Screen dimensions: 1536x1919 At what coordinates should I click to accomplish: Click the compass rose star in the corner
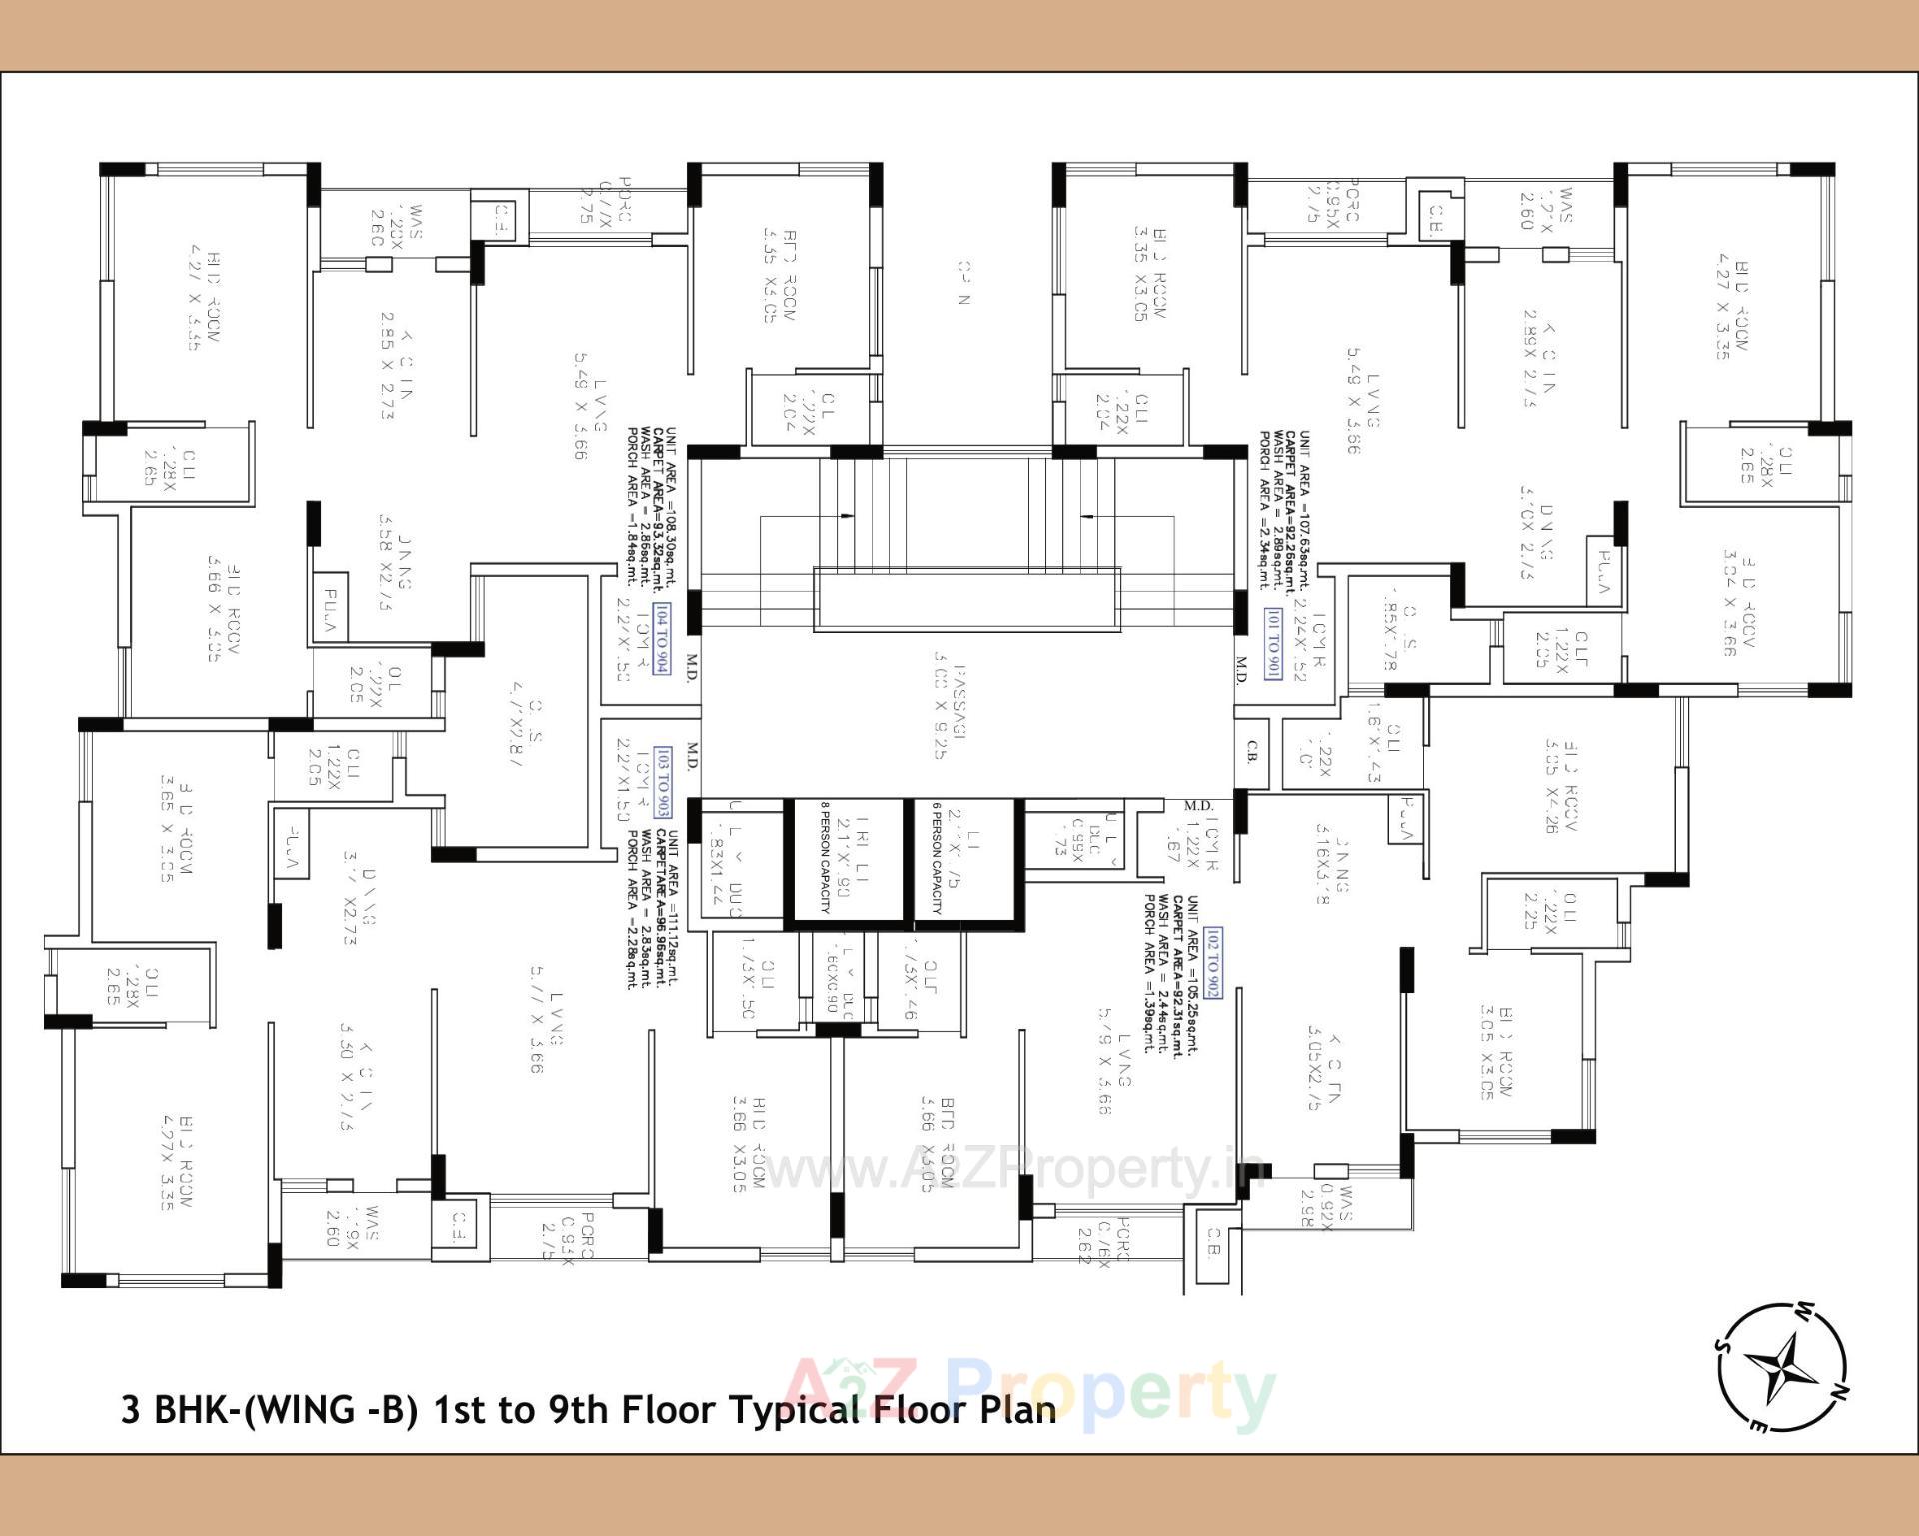point(1782,1367)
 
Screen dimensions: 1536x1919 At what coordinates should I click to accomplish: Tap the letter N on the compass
point(1840,1391)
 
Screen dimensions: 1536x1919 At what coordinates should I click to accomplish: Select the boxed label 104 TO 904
point(662,639)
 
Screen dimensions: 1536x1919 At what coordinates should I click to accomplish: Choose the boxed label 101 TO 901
point(1272,644)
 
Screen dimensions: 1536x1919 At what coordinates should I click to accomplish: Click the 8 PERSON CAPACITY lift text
point(826,859)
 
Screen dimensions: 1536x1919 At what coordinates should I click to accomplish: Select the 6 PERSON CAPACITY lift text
point(937,859)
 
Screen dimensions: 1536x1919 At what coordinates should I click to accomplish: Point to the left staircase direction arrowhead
point(848,516)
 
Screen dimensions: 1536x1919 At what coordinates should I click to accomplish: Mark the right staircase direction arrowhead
point(1087,516)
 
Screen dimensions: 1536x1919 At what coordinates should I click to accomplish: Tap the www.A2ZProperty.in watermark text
point(1009,1168)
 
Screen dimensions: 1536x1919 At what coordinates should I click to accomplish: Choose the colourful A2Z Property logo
point(1029,1393)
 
